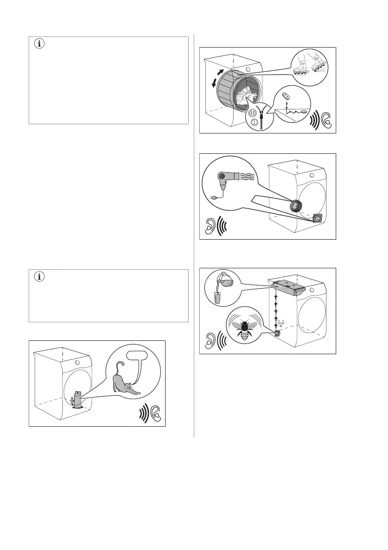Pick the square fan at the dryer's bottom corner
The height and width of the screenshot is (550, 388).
[318, 218]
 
